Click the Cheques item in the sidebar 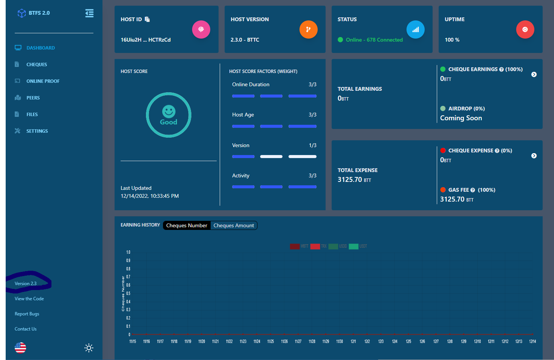(36, 65)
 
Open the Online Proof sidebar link (43, 81)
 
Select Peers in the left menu (33, 98)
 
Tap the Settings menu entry (37, 131)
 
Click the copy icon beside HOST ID (147, 19)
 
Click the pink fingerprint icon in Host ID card (201, 29)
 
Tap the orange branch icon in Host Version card (308, 29)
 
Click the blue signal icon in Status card (415, 29)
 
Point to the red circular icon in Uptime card (525, 29)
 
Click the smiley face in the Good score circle (169, 112)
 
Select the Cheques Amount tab (234, 226)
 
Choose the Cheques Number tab (186, 226)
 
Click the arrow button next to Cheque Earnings (534, 74)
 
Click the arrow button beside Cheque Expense (534, 156)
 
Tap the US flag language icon (20, 348)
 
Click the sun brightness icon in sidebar (89, 348)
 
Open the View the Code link (29, 299)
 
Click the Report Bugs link (27, 314)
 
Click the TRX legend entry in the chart (318, 246)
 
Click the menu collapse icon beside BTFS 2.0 (89, 13)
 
